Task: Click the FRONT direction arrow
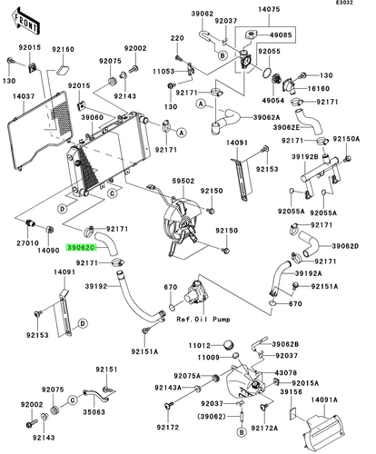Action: coord(26,22)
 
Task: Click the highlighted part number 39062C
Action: coord(81,248)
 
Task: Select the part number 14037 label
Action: coord(24,96)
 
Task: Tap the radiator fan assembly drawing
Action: coord(181,224)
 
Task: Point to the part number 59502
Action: coord(183,181)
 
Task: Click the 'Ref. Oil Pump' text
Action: coord(203,320)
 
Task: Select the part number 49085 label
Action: coord(281,35)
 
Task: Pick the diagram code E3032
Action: coord(344,3)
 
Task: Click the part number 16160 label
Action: coord(319,89)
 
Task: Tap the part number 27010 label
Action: coord(27,242)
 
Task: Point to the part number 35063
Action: coord(94,412)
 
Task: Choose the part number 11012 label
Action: coord(199,345)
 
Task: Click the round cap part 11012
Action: coord(229,345)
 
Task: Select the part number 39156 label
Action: coord(291,392)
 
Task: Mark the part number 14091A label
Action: coord(324,400)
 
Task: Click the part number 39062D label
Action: coord(345,246)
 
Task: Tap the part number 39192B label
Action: coord(305,157)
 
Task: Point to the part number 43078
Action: coord(286,373)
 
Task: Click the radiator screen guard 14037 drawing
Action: coord(40,131)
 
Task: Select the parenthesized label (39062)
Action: coord(212,417)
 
